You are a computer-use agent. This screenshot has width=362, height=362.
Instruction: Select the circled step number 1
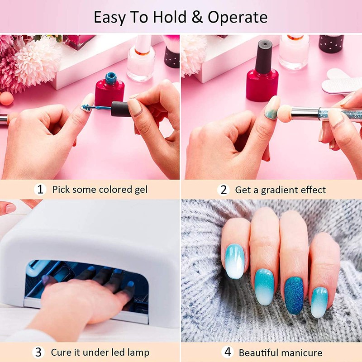(40, 189)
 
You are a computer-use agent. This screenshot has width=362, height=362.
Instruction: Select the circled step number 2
(223, 190)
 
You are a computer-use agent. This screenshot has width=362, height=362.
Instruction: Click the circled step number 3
(39, 352)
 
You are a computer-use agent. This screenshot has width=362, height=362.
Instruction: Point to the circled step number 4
(228, 352)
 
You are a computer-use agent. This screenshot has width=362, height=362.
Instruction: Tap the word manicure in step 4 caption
(300, 352)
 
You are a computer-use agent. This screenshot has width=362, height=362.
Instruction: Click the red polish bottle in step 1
(109, 90)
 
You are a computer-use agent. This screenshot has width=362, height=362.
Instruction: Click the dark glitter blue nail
(295, 295)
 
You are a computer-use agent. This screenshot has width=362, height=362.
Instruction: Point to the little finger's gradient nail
(319, 301)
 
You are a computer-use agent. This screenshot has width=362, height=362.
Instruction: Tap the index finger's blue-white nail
(234, 261)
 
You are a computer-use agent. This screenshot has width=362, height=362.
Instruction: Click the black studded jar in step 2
(331, 44)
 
